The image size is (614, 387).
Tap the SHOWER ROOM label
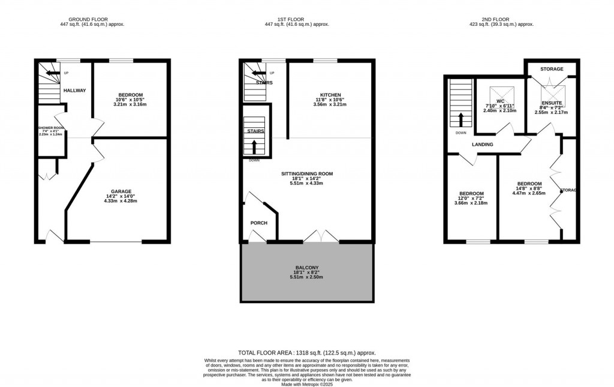50,127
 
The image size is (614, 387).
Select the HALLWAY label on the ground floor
74,91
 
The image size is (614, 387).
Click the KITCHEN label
330,95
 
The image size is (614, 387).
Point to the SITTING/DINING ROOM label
306,174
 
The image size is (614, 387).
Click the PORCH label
258,223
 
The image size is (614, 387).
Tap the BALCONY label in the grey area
306,268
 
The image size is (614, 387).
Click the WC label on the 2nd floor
499,101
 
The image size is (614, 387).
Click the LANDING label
483,145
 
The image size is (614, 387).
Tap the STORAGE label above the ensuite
552,69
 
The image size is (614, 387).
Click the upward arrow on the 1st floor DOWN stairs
255,146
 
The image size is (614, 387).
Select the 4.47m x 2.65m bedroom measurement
529,194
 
